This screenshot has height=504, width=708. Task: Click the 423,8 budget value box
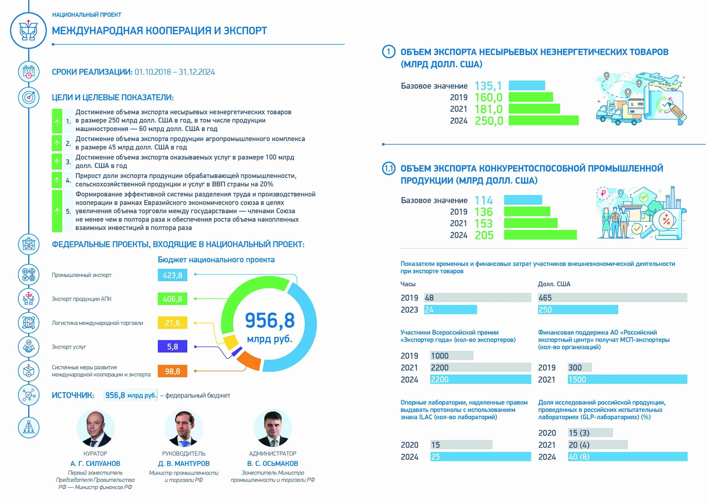[x=173, y=275]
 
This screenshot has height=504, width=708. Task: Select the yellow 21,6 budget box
[x=173, y=323]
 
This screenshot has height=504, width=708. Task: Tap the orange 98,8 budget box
[x=173, y=371]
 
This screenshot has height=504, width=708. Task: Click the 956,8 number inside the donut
[x=270, y=320]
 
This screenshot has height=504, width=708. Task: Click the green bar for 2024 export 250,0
[x=543, y=120]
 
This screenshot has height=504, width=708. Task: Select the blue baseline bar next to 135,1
[x=527, y=85]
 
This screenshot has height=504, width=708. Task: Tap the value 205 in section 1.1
[x=484, y=235]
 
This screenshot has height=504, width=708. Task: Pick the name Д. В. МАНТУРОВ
[x=184, y=463]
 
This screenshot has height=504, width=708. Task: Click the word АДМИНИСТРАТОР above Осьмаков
[x=273, y=453]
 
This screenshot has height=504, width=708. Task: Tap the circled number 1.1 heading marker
[x=389, y=169]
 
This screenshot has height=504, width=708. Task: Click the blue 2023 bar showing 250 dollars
[x=578, y=309]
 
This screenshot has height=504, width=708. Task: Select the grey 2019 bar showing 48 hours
[x=478, y=298]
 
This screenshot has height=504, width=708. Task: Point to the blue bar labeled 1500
[x=627, y=379]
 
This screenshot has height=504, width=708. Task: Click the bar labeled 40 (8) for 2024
[x=627, y=457]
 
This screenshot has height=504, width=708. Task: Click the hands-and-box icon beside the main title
[x=29, y=30]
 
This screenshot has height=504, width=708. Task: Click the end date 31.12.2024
[x=197, y=72]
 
